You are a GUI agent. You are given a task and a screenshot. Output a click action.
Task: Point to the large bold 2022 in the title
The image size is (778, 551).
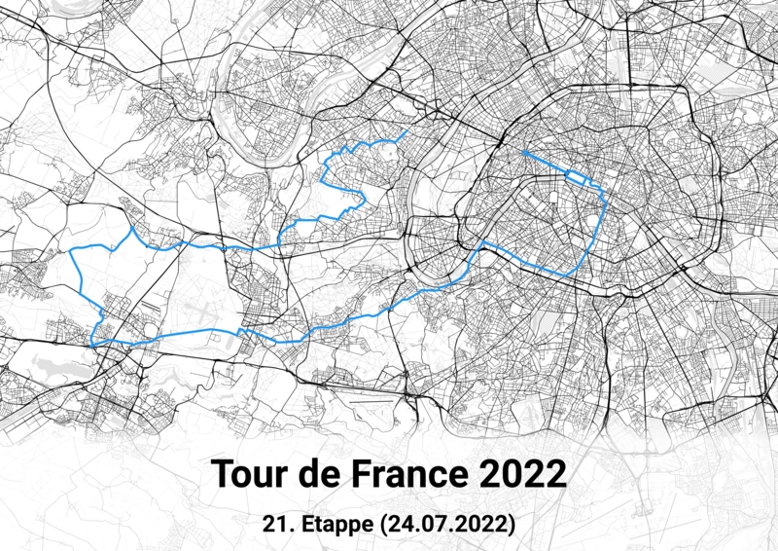[x=523, y=474]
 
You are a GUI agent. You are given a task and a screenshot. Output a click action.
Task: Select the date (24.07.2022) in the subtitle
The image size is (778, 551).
[x=447, y=524]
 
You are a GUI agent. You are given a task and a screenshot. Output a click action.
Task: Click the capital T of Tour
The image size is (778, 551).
[x=222, y=474]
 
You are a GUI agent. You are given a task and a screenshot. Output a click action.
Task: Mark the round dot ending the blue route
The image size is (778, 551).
[x=523, y=152]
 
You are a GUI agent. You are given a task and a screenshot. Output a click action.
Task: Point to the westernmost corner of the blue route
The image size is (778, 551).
[x=71, y=251]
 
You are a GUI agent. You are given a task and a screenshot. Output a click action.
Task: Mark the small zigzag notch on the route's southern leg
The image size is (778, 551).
[x=243, y=334]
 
